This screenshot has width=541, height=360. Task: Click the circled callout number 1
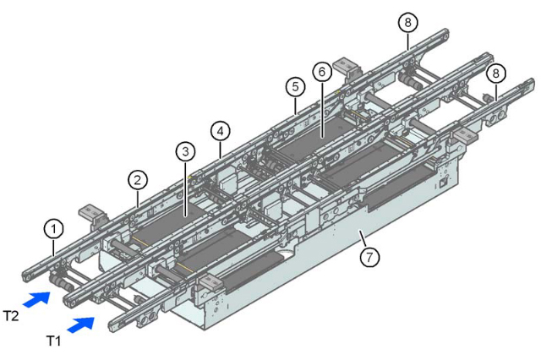tap(53, 228)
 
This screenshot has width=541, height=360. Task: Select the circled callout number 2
tap(137, 179)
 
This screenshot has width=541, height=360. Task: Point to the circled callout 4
tap(220, 131)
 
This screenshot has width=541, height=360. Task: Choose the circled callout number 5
tap(294, 86)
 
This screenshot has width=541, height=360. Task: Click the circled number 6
tap(321, 73)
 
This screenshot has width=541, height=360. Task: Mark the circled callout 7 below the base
tap(369, 259)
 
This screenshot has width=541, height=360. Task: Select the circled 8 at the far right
tap(496, 73)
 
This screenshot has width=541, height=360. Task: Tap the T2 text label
tap(12, 314)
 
